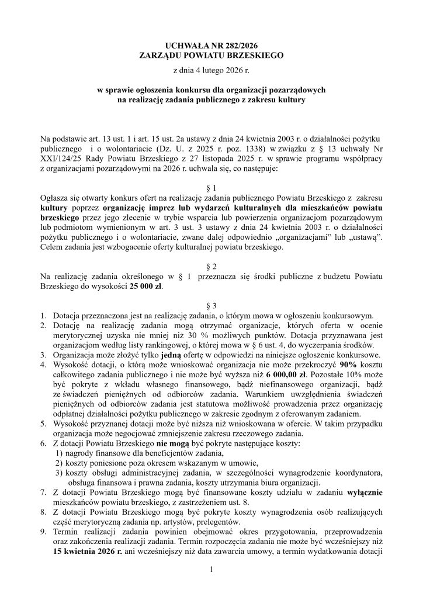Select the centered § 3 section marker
[211, 306]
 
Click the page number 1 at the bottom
[211, 569]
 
